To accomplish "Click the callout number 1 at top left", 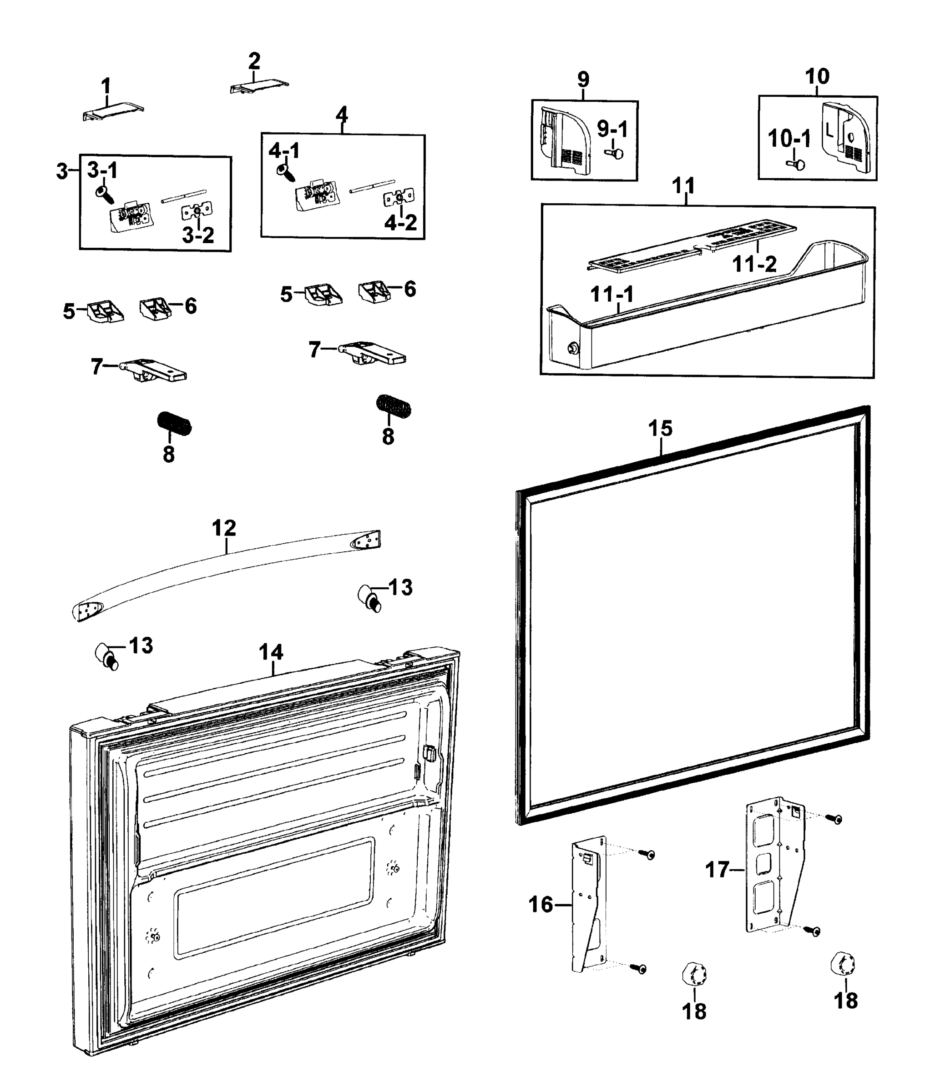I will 106,86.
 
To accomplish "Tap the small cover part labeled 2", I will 259,87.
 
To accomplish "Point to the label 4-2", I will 400,223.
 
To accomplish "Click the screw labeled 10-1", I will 796,165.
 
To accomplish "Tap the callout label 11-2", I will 754,264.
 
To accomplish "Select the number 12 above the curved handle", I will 224,528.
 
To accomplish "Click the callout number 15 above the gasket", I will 660,428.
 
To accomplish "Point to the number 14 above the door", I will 271,652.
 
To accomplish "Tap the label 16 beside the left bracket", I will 541,905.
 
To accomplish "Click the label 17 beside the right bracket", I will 717,869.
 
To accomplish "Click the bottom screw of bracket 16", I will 640,968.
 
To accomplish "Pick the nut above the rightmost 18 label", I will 842,964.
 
